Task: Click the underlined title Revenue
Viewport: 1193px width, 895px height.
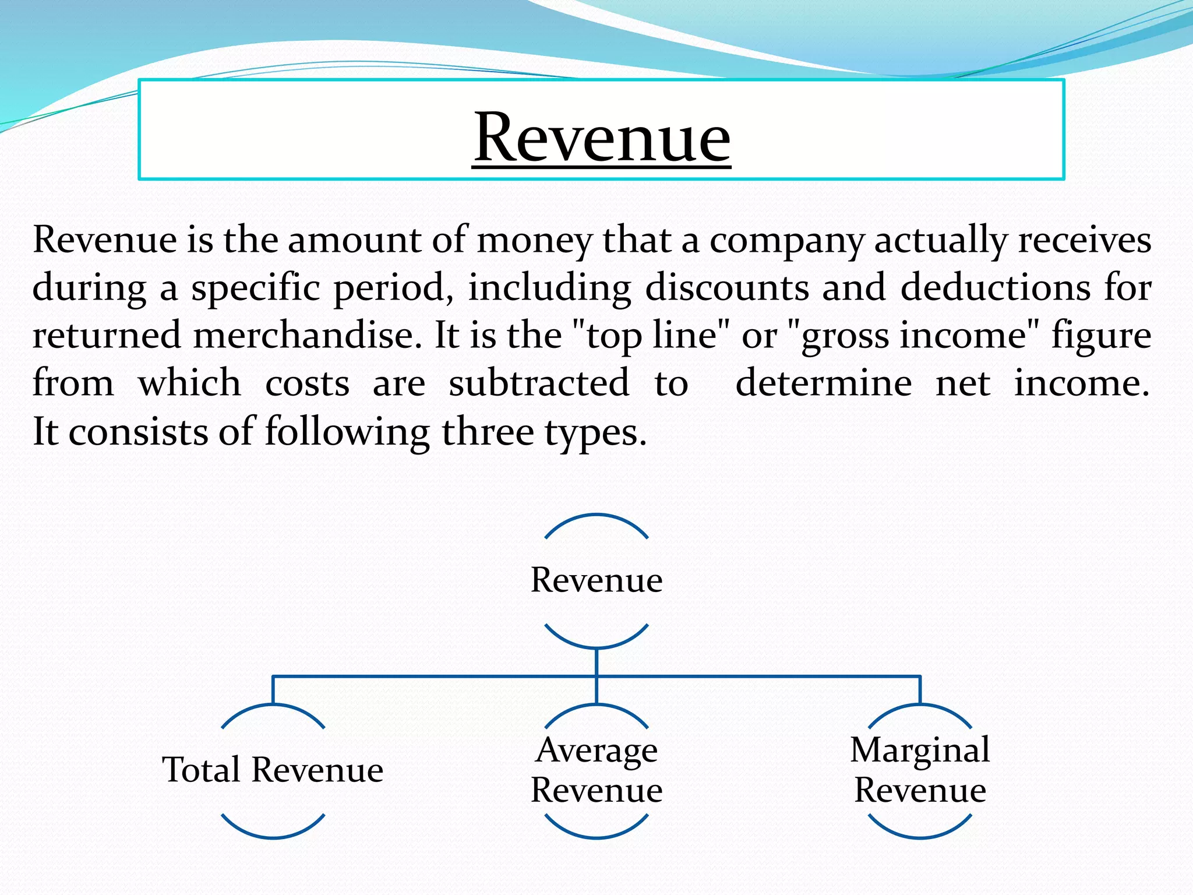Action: tap(601, 138)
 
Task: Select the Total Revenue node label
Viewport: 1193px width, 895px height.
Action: tap(273, 770)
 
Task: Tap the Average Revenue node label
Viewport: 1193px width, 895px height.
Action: tap(596, 770)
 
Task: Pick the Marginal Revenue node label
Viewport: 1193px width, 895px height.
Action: tap(920, 770)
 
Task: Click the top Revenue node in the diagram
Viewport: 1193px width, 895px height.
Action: tap(596, 580)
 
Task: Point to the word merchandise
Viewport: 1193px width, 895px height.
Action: tap(308, 336)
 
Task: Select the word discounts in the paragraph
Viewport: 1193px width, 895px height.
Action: tap(727, 288)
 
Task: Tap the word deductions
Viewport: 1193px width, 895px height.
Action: tap(995, 288)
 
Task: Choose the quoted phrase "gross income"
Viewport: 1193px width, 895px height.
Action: tap(913, 336)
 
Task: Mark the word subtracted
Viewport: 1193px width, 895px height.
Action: tap(539, 383)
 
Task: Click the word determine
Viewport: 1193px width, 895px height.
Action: tap(824, 383)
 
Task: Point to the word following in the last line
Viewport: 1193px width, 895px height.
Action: tap(347, 432)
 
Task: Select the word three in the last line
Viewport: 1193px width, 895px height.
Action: tap(487, 432)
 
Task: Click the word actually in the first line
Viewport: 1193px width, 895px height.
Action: tap(940, 240)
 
